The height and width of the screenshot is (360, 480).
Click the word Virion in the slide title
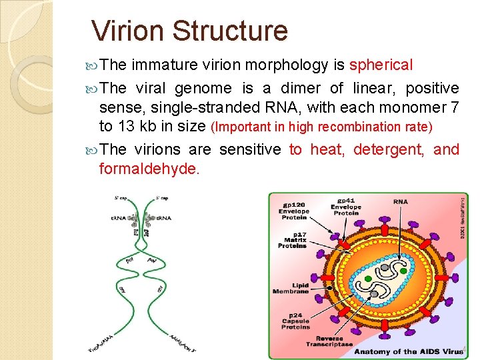tap(127, 31)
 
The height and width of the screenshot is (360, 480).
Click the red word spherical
tap(381, 65)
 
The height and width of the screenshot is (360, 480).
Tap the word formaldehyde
tap(149, 169)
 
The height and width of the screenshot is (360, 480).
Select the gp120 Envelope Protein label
tap(293, 211)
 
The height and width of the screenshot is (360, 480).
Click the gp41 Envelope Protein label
tap(346, 206)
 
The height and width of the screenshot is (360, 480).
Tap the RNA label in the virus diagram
tap(401, 201)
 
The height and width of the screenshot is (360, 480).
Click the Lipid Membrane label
tap(291, 287)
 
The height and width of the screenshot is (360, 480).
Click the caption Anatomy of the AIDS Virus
tap(408, 351)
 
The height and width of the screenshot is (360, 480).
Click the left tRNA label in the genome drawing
tap(117, 218)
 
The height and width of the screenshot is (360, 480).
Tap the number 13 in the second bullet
tap(123, 127)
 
